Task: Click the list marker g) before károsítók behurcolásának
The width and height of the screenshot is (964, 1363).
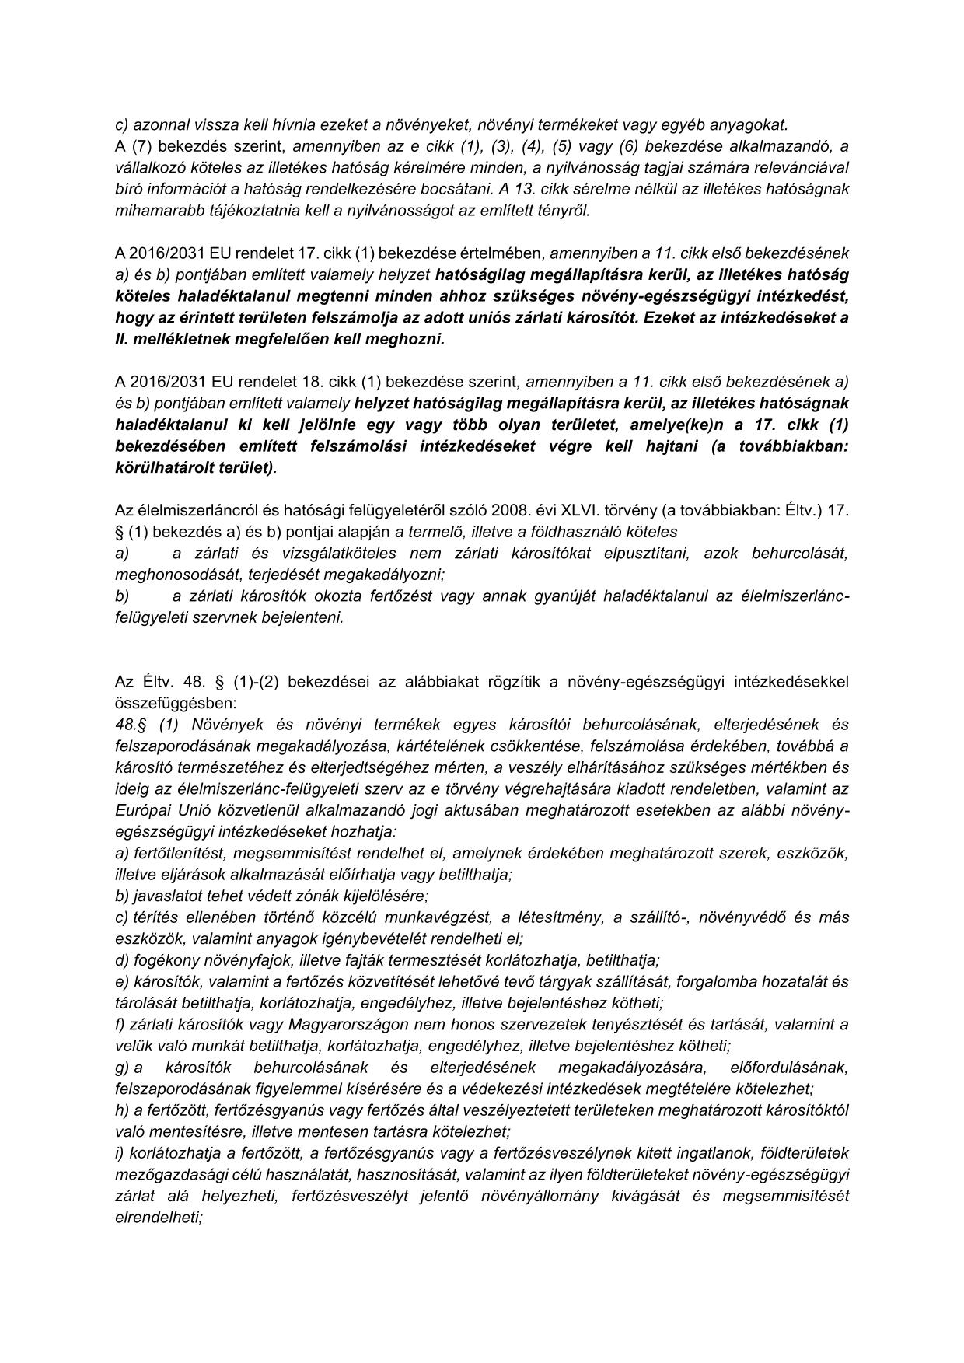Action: pos(122,1067)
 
